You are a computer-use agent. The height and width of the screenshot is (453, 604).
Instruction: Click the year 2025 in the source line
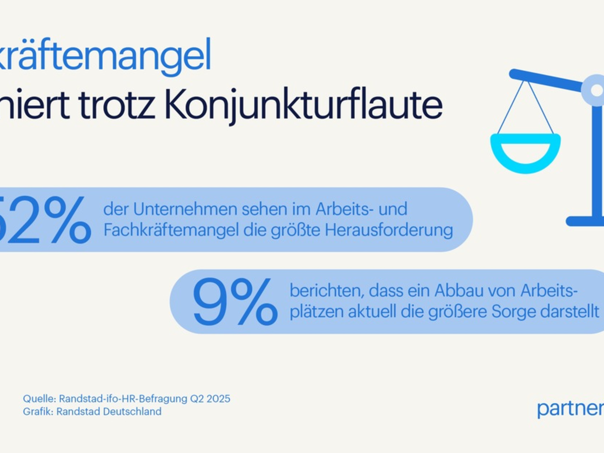[x=218, y=399]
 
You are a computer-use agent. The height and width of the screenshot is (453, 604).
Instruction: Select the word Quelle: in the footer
[x=39, y=399]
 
